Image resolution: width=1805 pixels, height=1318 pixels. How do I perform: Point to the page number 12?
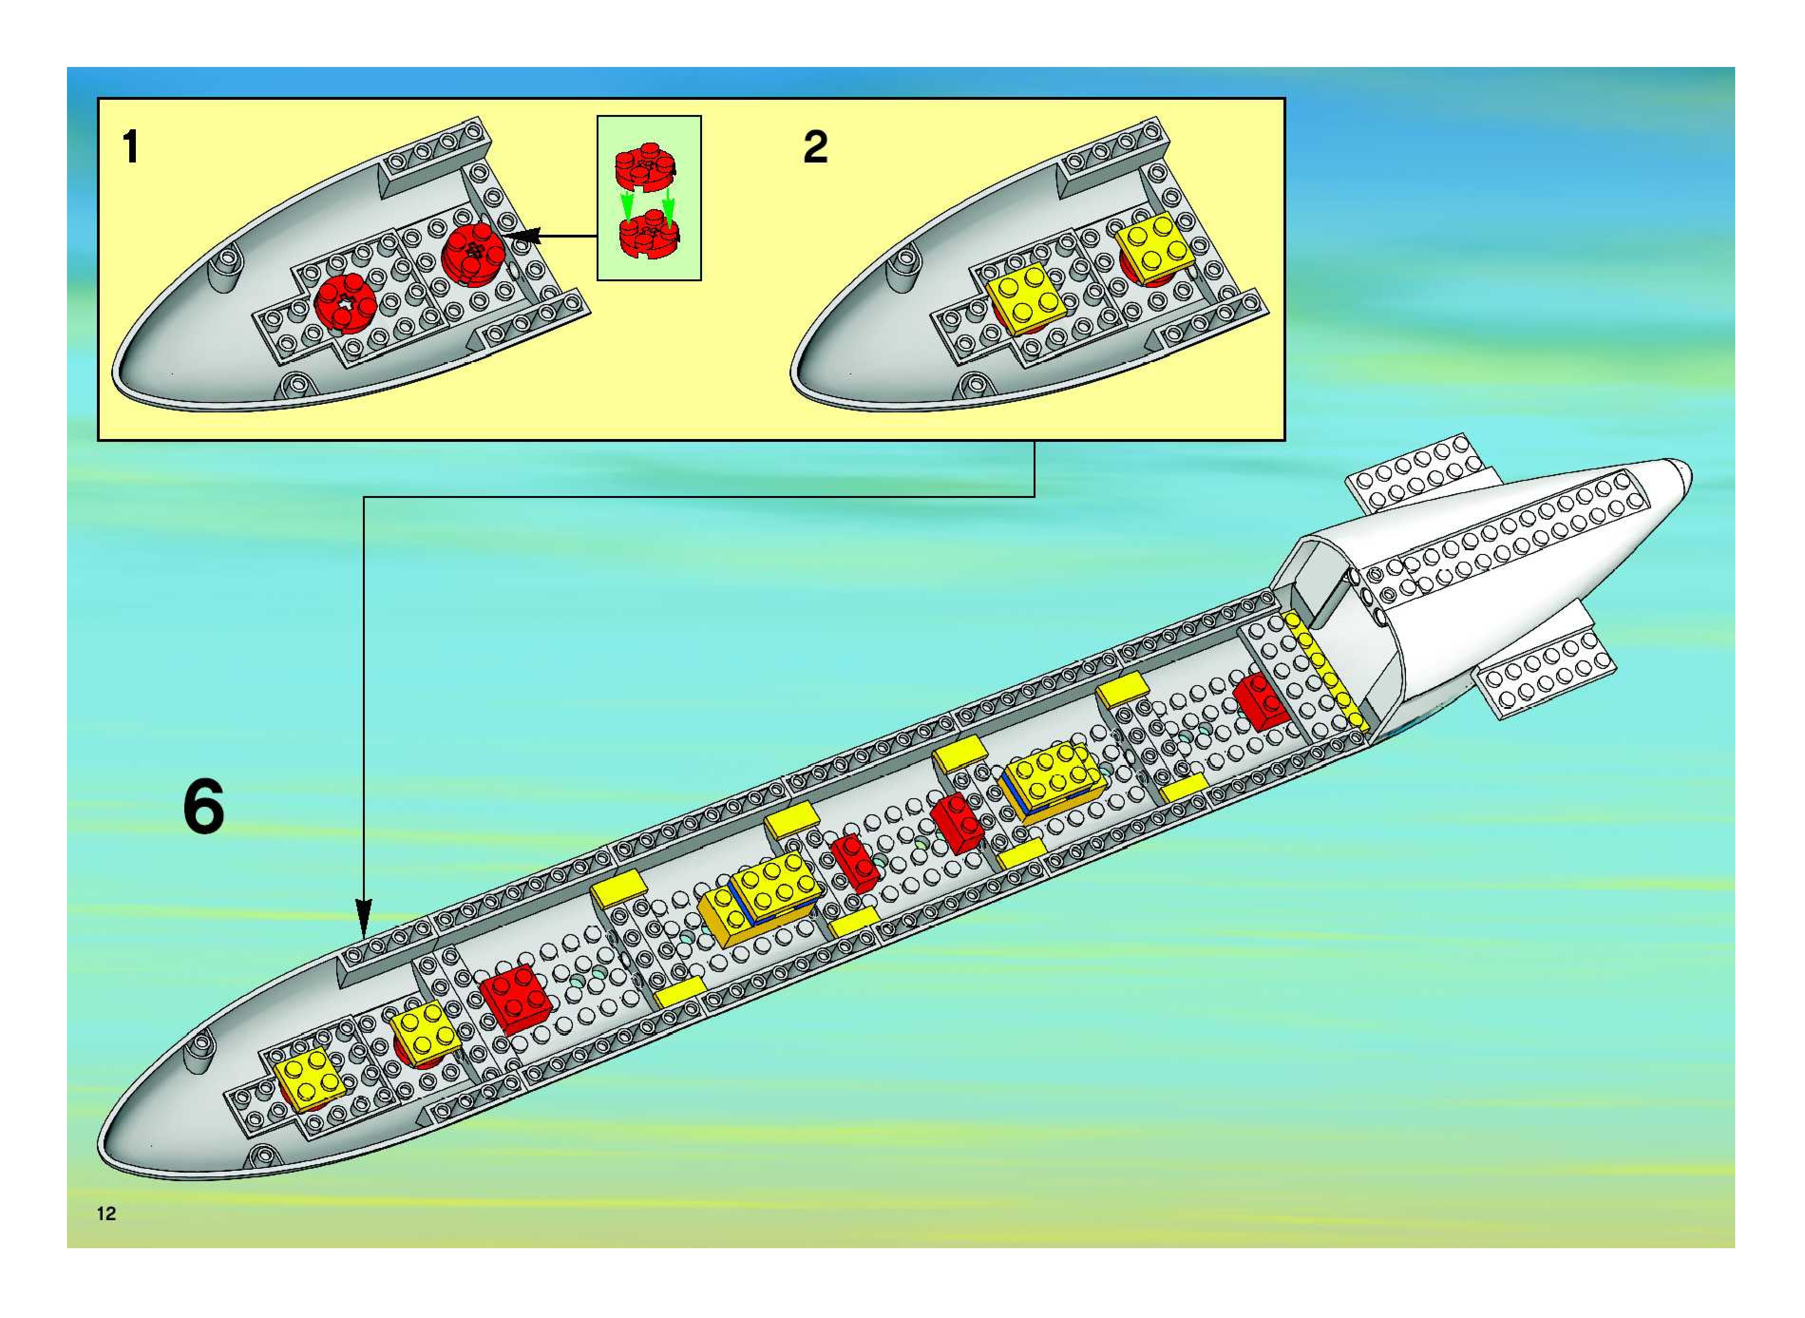coord(106,1213)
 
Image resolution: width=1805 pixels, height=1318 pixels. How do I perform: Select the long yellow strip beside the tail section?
coord(1326,671)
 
